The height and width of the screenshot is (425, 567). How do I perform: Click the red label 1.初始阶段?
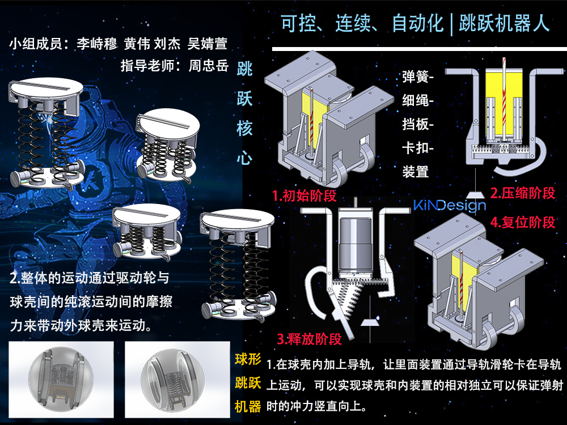(x=304, y=196)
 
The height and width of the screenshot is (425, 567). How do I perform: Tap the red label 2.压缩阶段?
(x=523, y=193)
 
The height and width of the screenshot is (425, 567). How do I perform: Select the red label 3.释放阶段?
(x=309, y=339)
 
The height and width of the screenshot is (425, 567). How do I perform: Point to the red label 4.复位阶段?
(x=523, y=222)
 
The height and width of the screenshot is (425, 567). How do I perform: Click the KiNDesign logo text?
(x=450, y=206)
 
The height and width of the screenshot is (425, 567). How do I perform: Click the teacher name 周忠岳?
(x=209, y=66)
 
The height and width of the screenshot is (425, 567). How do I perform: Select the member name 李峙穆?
(x=97, y=44)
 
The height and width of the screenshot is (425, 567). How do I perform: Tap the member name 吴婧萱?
(x=207, y=44)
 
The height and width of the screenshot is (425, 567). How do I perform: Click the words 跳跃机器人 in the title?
(x=505, y=23)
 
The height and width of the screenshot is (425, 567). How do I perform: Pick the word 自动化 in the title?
(x=418, y=23)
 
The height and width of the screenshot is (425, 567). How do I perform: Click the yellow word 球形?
(x=248, y=359)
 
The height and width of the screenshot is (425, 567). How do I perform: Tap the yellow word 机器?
(x=248, y=406)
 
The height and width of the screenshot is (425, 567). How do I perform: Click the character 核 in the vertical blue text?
(x=244, y=128)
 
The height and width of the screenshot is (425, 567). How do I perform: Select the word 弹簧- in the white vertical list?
(x=418, y=77)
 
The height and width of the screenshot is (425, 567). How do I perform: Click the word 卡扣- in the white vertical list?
(x=418, y=148)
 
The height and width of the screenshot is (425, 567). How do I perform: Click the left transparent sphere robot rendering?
(x=61, y=379)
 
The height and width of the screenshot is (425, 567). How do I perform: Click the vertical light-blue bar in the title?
(x=452, y=23)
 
